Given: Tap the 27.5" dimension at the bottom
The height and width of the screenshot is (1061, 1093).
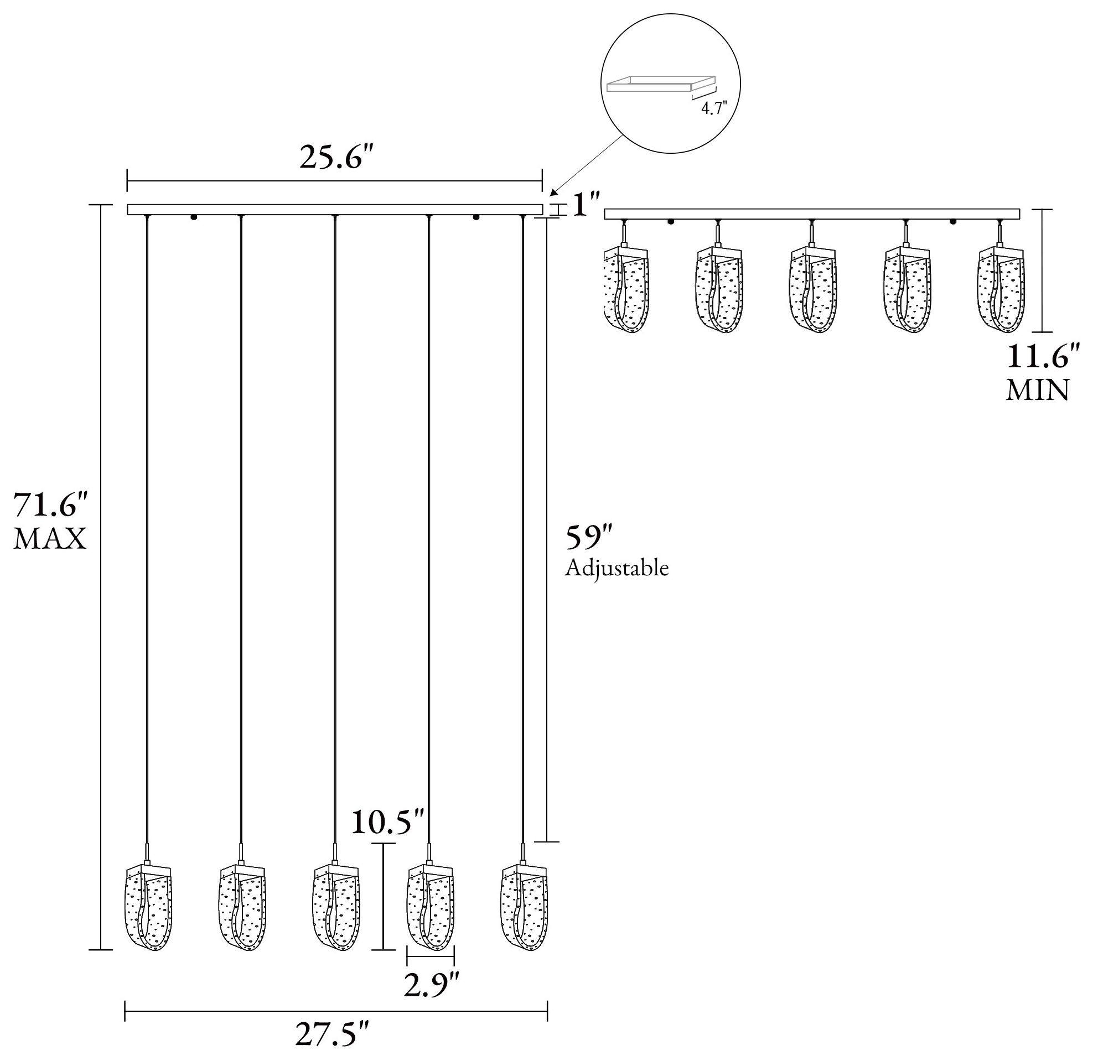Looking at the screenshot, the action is [x=333, y=1036].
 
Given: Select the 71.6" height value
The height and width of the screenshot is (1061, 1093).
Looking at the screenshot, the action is [x=51, y=506].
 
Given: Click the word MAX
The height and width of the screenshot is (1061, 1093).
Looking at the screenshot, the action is [x=50, y=539].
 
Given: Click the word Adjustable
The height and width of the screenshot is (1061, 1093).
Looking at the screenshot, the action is [x=617, y=568].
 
